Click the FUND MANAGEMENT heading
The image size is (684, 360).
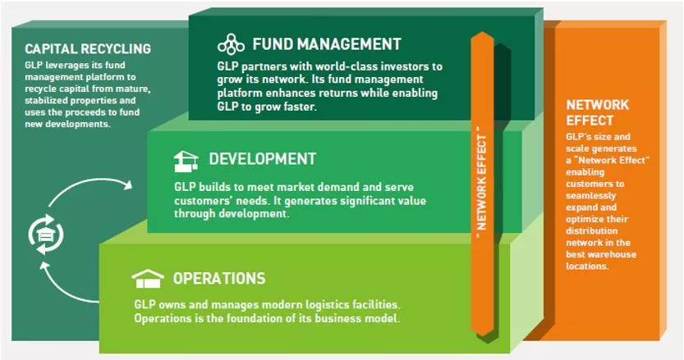click(x=326, y=44)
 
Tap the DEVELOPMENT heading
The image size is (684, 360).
click(x=262, y=158)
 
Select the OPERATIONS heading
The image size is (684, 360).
click(x=219, y=278)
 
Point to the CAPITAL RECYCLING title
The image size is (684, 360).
click(x=88, y=48)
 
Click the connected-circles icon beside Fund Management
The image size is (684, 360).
click(x=231, y=44)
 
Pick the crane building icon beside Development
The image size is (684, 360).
click(x=186, y=162)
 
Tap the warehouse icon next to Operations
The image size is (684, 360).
click(x=148, y=279)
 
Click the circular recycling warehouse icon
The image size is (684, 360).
click(x=46, y=235)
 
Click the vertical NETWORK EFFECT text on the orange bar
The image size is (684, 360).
click(x=481, y=182)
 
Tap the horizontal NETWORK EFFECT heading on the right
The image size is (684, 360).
click(x=597, y=112)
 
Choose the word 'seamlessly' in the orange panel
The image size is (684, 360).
click(x=590, y=196)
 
